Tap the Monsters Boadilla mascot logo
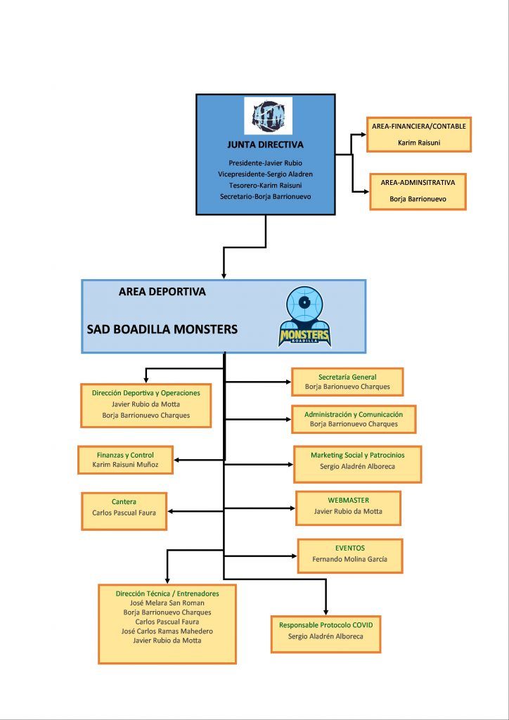304,317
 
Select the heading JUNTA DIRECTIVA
265,145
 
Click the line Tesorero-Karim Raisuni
265,186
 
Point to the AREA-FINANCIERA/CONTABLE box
418,134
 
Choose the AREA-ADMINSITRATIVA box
418,191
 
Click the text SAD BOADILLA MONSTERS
162,329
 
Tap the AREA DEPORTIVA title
162,292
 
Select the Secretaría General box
347,382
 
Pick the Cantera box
124,511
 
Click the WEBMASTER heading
349,500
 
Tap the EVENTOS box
349,555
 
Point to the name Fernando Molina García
349,559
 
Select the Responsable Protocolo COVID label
326,625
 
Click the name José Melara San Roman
167,603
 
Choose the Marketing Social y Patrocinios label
358,455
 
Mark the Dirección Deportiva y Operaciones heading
146,393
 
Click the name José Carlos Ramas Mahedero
167,631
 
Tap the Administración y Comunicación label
354,414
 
